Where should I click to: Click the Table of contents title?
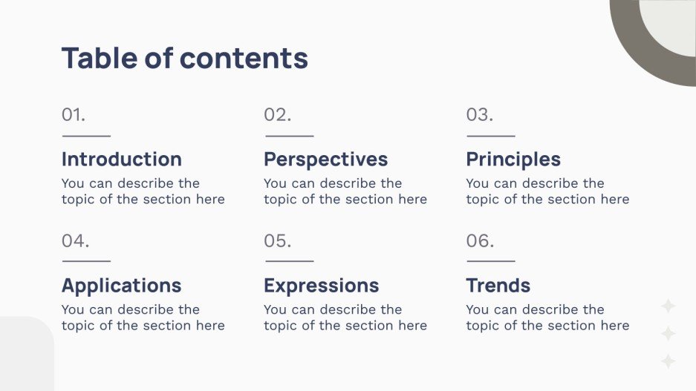pos(184,58)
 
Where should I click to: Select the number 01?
pos(74,115)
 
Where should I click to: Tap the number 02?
pos(277,115)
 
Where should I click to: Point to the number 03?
pos(479,115)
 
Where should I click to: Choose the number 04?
pos(75,241)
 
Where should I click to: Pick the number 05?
pos(277,241)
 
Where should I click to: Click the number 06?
pos(480,241)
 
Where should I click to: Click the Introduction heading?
pos(121,160)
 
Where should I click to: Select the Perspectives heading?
pos(325,160)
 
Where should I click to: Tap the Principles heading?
pos(513,160)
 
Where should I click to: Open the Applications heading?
pos(121,286)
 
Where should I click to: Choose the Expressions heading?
pos(321,286)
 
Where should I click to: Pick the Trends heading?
pos(498,286)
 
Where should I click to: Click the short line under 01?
pos(86,136)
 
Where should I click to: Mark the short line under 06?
pos(490,261)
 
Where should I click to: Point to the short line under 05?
pos(289,261)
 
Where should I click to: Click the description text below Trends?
pos(547,318)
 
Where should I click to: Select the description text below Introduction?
pos(143,191)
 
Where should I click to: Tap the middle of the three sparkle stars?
pos(669,334)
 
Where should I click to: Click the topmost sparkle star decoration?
pos(669,306)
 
